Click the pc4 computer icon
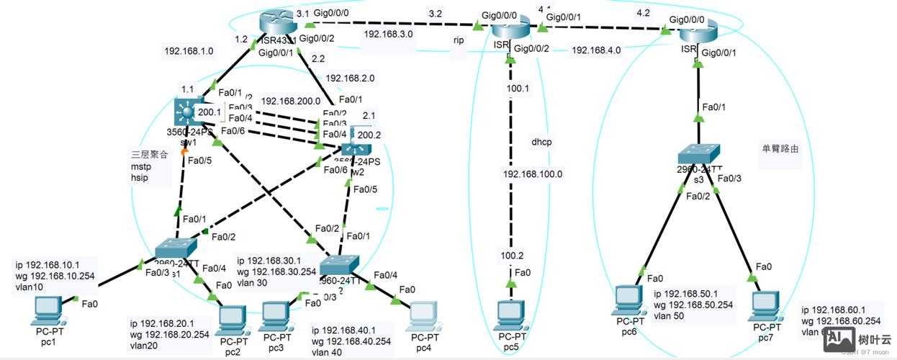pos(424,316)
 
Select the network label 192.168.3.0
pos(388,33)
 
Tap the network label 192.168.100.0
pos(532,174)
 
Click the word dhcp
pos(541,142)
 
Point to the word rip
pos(459,41)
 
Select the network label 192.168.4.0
pos(596,50)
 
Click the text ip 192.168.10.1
pos(48,263)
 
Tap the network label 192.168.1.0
pos(189,51)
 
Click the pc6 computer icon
pos(630,302)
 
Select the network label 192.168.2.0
pos(350,78)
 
